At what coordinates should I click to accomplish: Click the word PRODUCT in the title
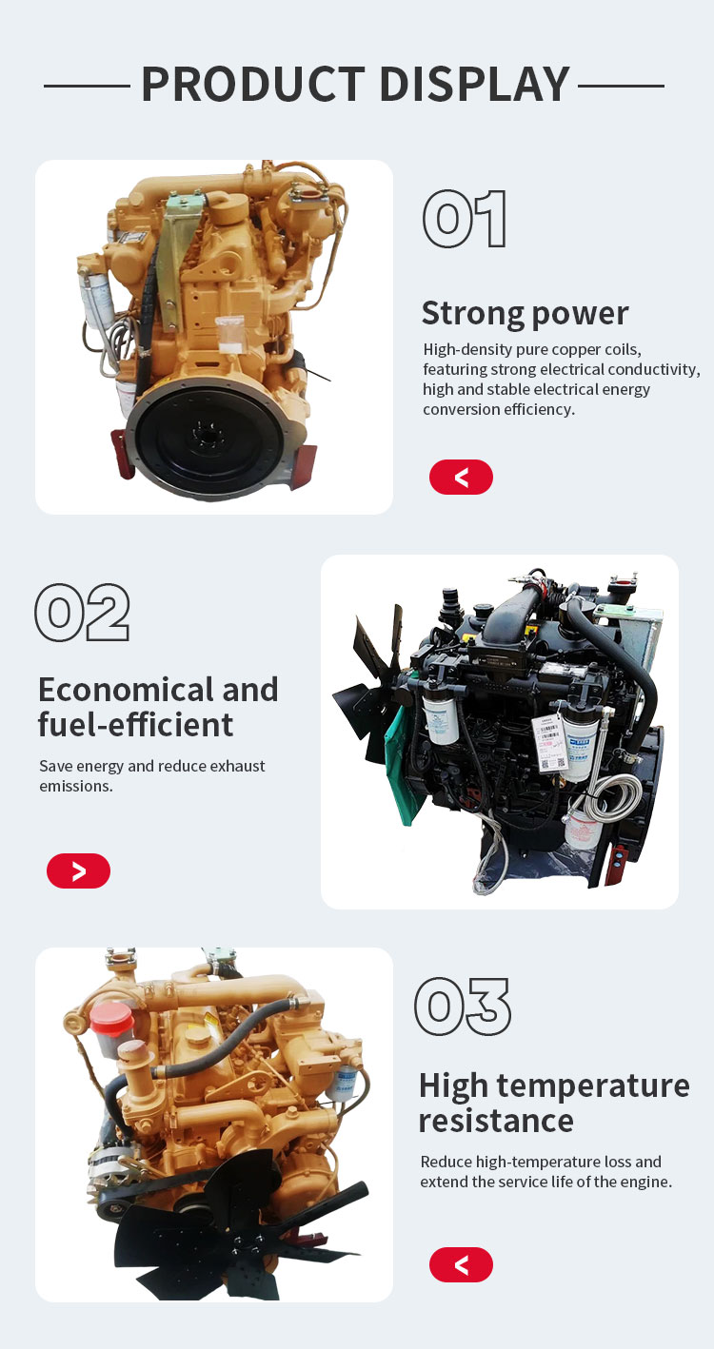253,85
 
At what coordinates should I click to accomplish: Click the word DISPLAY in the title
475,85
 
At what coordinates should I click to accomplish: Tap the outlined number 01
465,219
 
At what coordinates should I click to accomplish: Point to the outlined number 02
83,612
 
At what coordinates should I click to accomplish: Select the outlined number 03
463,1007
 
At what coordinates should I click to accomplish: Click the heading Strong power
525,313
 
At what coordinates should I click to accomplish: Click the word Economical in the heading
125,690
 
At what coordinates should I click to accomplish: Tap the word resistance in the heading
496,1121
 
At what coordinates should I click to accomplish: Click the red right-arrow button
78,870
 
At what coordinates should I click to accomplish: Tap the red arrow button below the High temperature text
461,1264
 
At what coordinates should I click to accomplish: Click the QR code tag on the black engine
551,745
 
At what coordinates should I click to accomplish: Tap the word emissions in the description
76,786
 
